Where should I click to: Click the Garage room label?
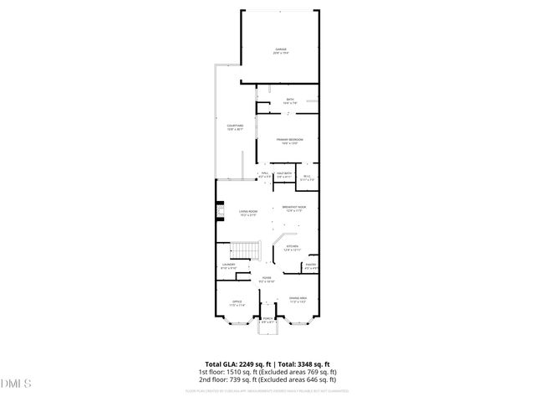[281, 51]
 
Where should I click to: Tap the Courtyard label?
[234, 127]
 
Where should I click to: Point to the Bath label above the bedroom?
[289, 100]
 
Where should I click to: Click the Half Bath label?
[283, 175]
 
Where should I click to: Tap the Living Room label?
[247, 213]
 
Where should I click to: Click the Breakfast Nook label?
[296, 209]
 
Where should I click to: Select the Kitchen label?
[293, 248]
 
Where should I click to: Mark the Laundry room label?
[228, 266]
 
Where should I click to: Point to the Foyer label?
[267, 280]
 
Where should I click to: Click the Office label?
[237, 303]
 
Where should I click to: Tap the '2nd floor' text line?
[267, 379]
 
